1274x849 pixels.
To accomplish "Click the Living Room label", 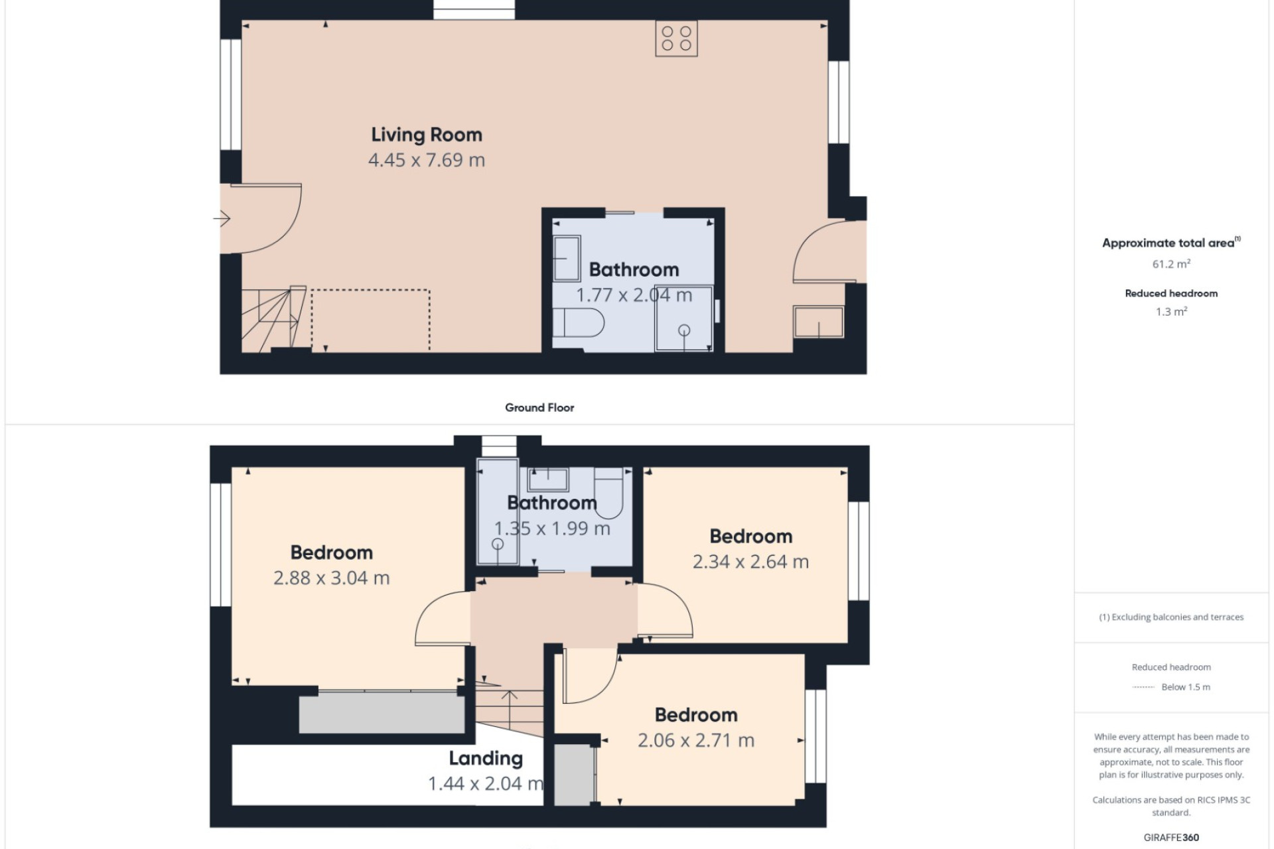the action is coord(427,135).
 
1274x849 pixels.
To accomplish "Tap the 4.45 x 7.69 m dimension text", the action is coord(427,160).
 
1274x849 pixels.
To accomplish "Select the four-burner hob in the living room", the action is coord(676,38).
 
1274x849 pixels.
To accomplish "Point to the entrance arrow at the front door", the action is coord(222,218).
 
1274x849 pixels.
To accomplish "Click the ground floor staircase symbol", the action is coord(273,319).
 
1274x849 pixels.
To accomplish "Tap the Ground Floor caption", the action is coord(539,407).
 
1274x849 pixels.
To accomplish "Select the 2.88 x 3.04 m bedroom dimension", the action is coord(331,578).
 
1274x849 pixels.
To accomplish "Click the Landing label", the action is coord(486,758).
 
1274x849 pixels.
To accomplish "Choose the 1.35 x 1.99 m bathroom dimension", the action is coord(552,529).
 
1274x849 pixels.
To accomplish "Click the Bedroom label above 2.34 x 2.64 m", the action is coord(751,536).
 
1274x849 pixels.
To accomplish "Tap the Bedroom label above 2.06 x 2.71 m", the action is coord(696,714).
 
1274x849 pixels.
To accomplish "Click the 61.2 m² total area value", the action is coord(1171,263).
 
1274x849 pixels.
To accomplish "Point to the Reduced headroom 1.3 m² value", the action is coord(1171,311).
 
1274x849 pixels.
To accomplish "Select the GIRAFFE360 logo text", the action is coord(1171,837).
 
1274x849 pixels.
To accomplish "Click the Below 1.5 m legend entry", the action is coord(1186,687).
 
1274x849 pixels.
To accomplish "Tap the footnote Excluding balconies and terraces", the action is coord(1171,617).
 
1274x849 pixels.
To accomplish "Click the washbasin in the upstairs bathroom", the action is coord(548,479).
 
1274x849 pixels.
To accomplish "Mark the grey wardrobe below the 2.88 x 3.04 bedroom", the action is coord(382,713).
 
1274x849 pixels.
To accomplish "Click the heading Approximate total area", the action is coord(1171,243).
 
